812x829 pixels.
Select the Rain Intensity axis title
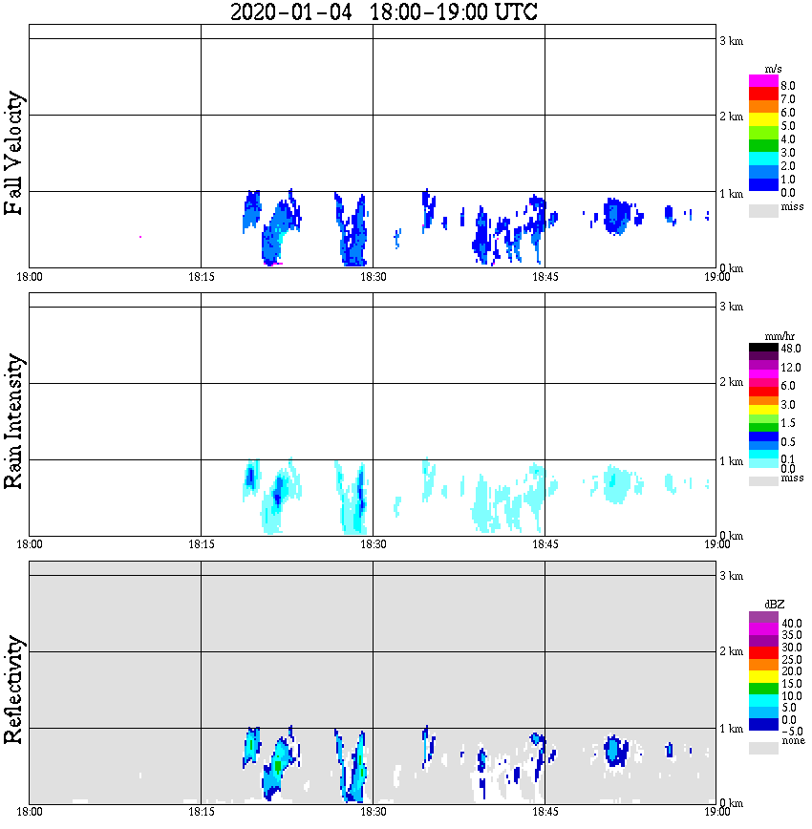[x=14, y=421]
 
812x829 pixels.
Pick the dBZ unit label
[x=773, y=606]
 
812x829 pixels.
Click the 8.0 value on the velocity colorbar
[x=788, y=86]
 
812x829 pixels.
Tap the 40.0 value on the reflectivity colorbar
[x=789, y=623]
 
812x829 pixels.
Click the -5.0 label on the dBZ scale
[x=789, y=730]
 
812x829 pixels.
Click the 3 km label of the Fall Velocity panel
[x=731, y=39]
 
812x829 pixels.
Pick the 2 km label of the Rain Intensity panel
[x=731, y=383]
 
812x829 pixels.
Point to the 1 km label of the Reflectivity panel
[x=731, y=729]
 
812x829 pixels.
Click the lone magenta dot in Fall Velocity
[x=140, y=236]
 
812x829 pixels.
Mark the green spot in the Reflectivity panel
[x=277, y=765]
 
